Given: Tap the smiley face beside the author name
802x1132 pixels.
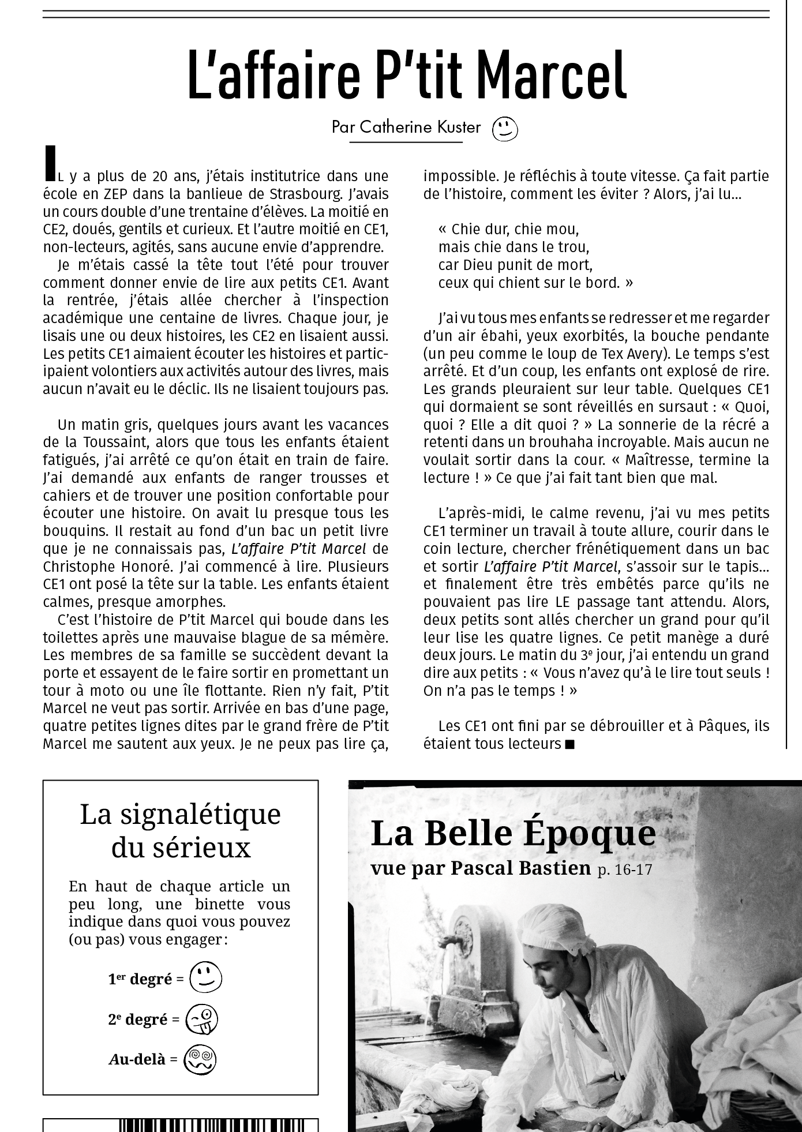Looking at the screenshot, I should (505, 129).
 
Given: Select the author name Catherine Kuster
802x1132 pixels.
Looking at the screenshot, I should (419, 127).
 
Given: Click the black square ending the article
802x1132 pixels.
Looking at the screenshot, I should (570, 744).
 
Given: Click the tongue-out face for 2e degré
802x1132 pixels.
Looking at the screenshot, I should (201, 1019).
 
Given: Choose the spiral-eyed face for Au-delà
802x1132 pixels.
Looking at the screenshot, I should (200, 1059).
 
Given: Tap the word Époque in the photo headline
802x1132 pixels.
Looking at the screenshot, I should (589, 834).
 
